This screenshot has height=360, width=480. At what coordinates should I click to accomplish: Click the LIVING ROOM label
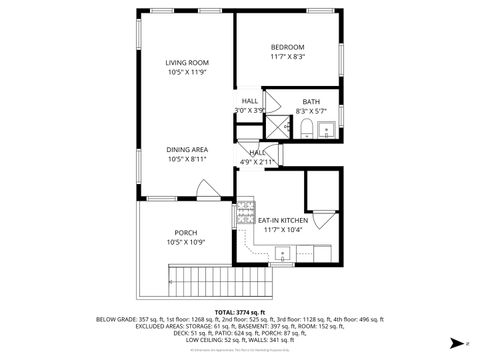pos(187,63)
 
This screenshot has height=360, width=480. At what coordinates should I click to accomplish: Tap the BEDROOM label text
pos(287,47)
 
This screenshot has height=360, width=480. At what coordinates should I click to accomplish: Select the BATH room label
pos(311,101)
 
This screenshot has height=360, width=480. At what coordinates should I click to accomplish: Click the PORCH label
pos(186,232)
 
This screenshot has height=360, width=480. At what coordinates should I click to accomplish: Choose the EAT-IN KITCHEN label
pos(283,220)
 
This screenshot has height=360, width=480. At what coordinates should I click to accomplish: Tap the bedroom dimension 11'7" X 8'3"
pos(287,57)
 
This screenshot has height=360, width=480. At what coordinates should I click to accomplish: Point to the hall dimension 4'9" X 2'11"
pos(257,162)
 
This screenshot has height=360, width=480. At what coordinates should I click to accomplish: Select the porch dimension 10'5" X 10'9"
pos(186,242)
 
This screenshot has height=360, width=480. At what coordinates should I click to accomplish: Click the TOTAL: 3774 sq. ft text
pos(240,312)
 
